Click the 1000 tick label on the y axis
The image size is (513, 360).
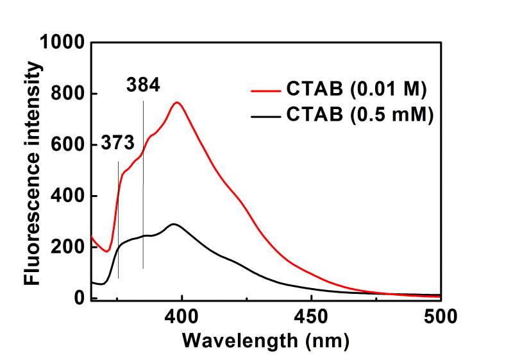pyautogui.click(x=62, y=43)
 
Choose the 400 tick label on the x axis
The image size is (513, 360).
pyautogui.click(x=182, y=316)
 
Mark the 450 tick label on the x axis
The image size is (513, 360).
pyautogui.click(x=311, y=316)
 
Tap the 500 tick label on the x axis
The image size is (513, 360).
pyautogui.click(x=440, y=316)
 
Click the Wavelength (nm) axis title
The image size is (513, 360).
pyautogui.click(x=265, y=340)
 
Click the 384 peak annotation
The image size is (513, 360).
pyautogui.click(x=143, y=85)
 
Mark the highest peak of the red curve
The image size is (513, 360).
pyautogui.click(x=177, y=102)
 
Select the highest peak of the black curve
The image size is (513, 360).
pyautogui.click(x=172, y=224)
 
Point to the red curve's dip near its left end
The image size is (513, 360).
pyautogui.click(x=108, y=252)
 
